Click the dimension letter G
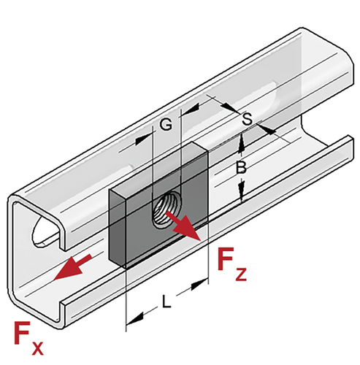[x=166, y=124]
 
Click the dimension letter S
[x=248, y=119]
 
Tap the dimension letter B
[x=241, y=167]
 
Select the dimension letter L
[x=166, y=301]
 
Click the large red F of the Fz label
[x=226, y=258]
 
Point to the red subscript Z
[x=241, y=274]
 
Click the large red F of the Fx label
[x=23, y=333]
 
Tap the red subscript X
[x=37, y=348]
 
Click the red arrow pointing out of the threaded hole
[x=183, y=226]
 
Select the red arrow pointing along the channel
[x=72, y=267]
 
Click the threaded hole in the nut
[x=166, y=209]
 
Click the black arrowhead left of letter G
[x=142, y=139]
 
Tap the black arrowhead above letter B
[x=241, y=143]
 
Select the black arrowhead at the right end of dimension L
[x=200, y=285]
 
